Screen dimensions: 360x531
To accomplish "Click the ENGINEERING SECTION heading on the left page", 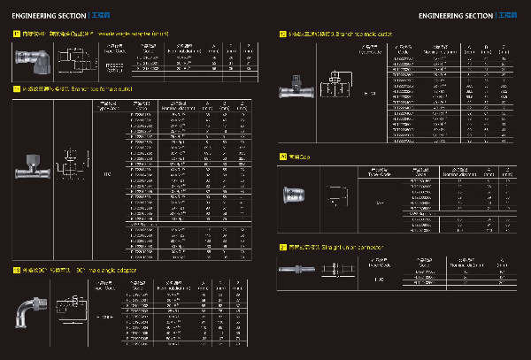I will click(48, 16).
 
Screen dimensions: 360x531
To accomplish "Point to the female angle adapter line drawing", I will click(75, 62).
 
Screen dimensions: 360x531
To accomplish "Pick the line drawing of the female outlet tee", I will click(69, 168).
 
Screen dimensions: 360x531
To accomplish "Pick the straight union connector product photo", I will click(296, 277).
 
